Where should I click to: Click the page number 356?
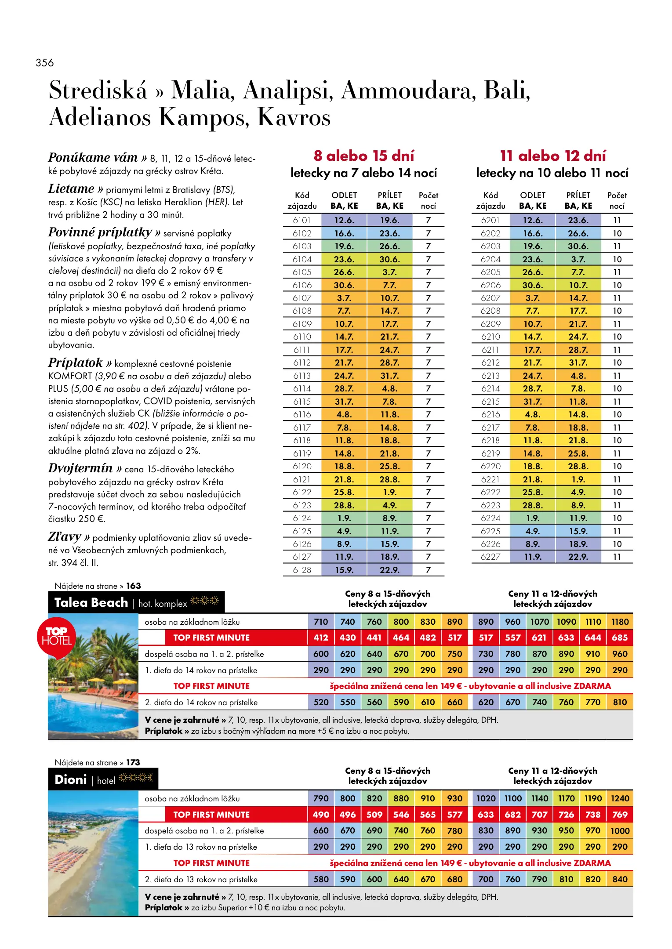click(x=45, y=63)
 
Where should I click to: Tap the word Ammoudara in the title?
click(x=408, y=91)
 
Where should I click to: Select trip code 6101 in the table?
click(x=302, y=221)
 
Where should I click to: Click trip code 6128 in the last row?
click(x=302, y=570)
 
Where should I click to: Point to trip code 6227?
click(x=490, y=557)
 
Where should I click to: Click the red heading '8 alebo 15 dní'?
click(x=363, y=156)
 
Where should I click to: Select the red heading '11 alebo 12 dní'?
click(x=552, y=156)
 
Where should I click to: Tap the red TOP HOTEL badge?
click(x=56, y=637)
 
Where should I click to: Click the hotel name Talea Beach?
click(x=91, y=602)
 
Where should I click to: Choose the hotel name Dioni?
click(x=70, y=780)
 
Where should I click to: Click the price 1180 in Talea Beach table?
click(x=620, y=622)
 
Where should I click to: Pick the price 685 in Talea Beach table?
click(x=620, y=637)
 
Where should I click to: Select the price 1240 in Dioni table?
click(x=620, y=798)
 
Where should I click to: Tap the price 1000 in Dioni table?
click(x=620, y=831)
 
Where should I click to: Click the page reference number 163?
click(x=134, y=586)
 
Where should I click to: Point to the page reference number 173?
click(x=133, y=762)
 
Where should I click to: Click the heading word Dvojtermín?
click(x=80, y=468)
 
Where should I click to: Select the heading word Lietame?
click(x=71, y=189)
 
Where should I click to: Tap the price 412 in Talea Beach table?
click(x=321, y=637)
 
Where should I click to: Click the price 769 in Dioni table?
click(x=620, y=815)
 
